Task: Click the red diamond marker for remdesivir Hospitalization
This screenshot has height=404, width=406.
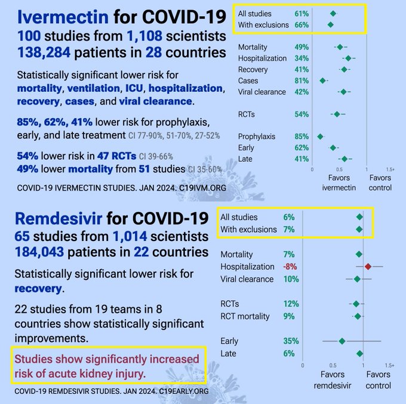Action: coord(368,267)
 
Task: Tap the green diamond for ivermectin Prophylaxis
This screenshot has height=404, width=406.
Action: coord(320,137)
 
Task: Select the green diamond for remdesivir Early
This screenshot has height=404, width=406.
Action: coord(342,341)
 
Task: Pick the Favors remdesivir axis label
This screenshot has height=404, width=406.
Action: coord(333,380)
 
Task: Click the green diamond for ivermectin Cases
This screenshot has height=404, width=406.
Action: coord(323,81)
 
